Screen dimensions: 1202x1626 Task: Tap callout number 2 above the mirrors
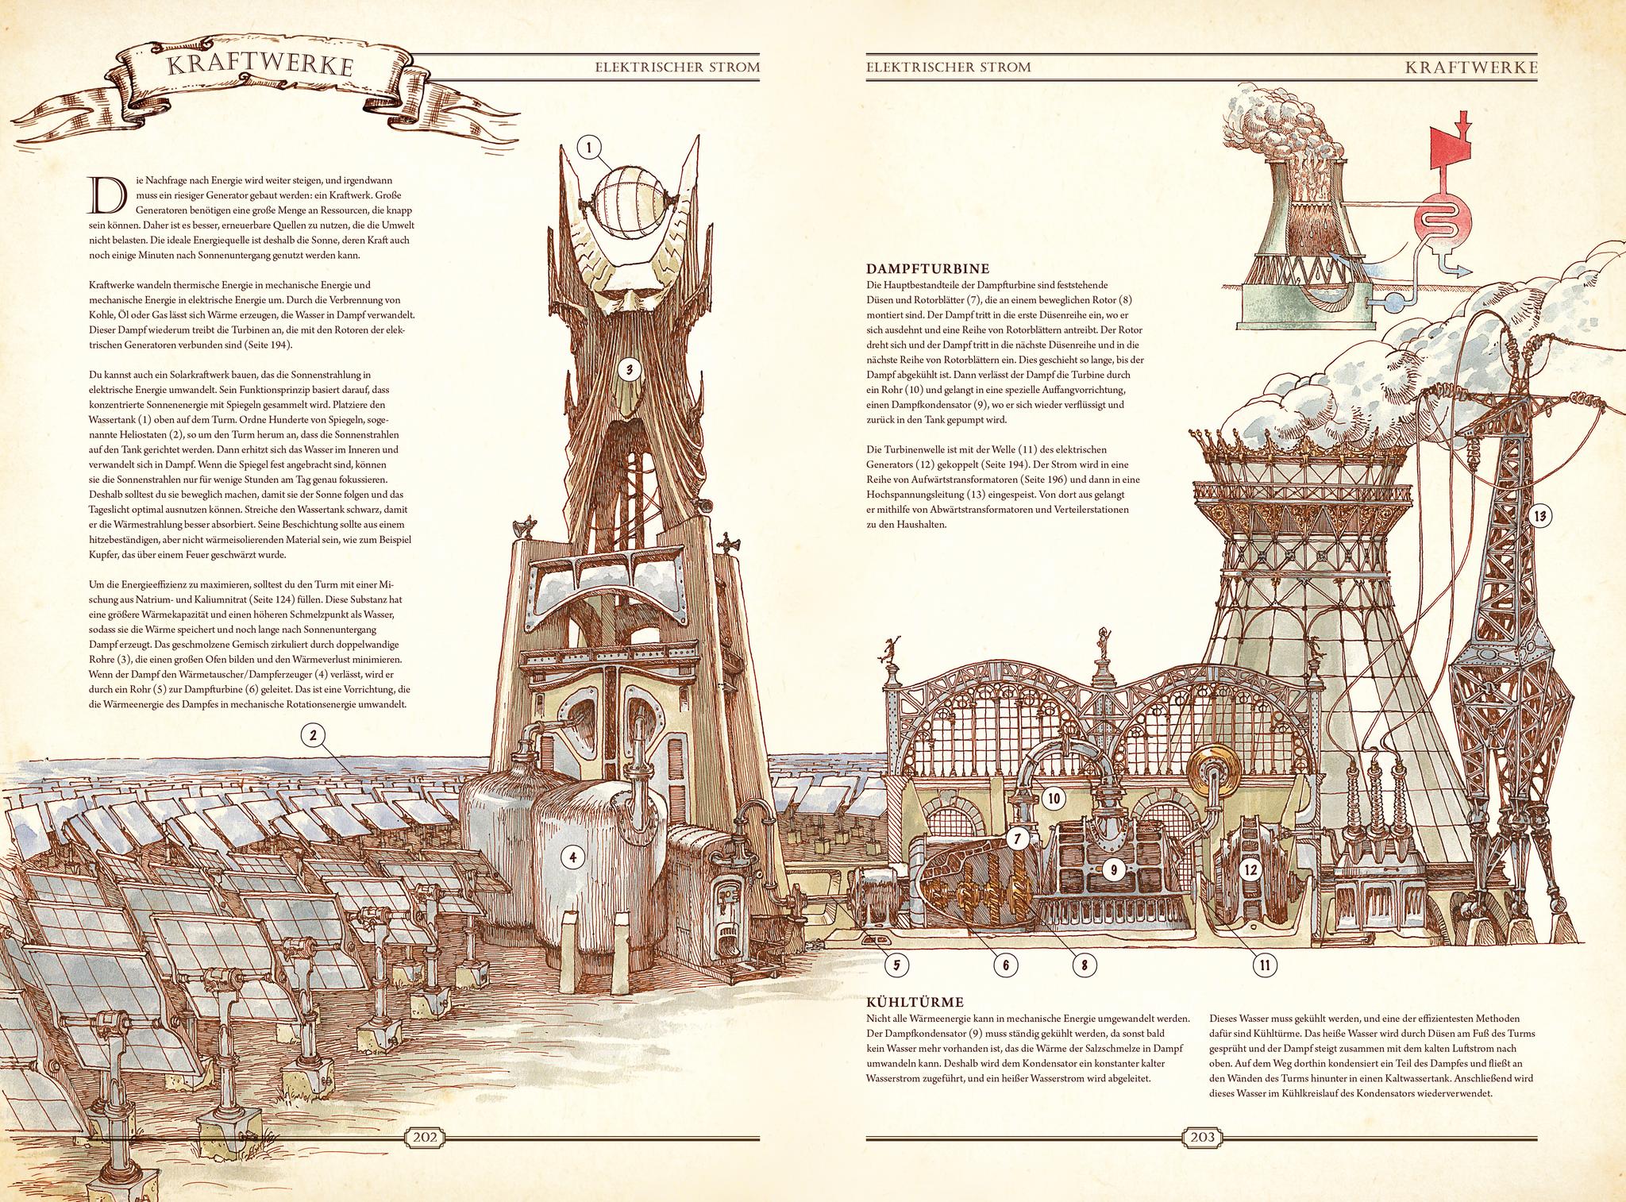tap(314, 736)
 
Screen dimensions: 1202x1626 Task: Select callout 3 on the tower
tap(628, 369)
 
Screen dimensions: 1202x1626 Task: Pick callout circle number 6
tap(1005, 965)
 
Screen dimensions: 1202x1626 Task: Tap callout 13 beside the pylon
tap(1539, 517)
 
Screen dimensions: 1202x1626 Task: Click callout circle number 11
tap(1265, 965)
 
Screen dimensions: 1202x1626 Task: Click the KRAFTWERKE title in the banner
tap(260, 67)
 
